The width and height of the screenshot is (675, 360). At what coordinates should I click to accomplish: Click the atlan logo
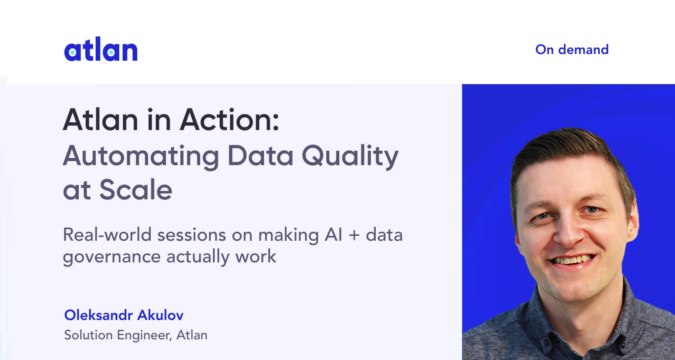pyautogui.click(x=101, y=50)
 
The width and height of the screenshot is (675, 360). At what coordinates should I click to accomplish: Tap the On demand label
pyautogui.click(x=571, y=49)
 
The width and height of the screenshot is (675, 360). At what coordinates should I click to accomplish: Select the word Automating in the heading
pyautogui.click(x=141, y=155)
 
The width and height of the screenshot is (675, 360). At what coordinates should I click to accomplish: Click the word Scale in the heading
pyautogui.click(x=135, y=190)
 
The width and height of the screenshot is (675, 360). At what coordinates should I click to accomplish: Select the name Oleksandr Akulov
pyautogui.click(x=124, y=315)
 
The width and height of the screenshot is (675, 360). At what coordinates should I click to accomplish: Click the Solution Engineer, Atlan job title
pyautogui.click(x=135, y=335)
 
